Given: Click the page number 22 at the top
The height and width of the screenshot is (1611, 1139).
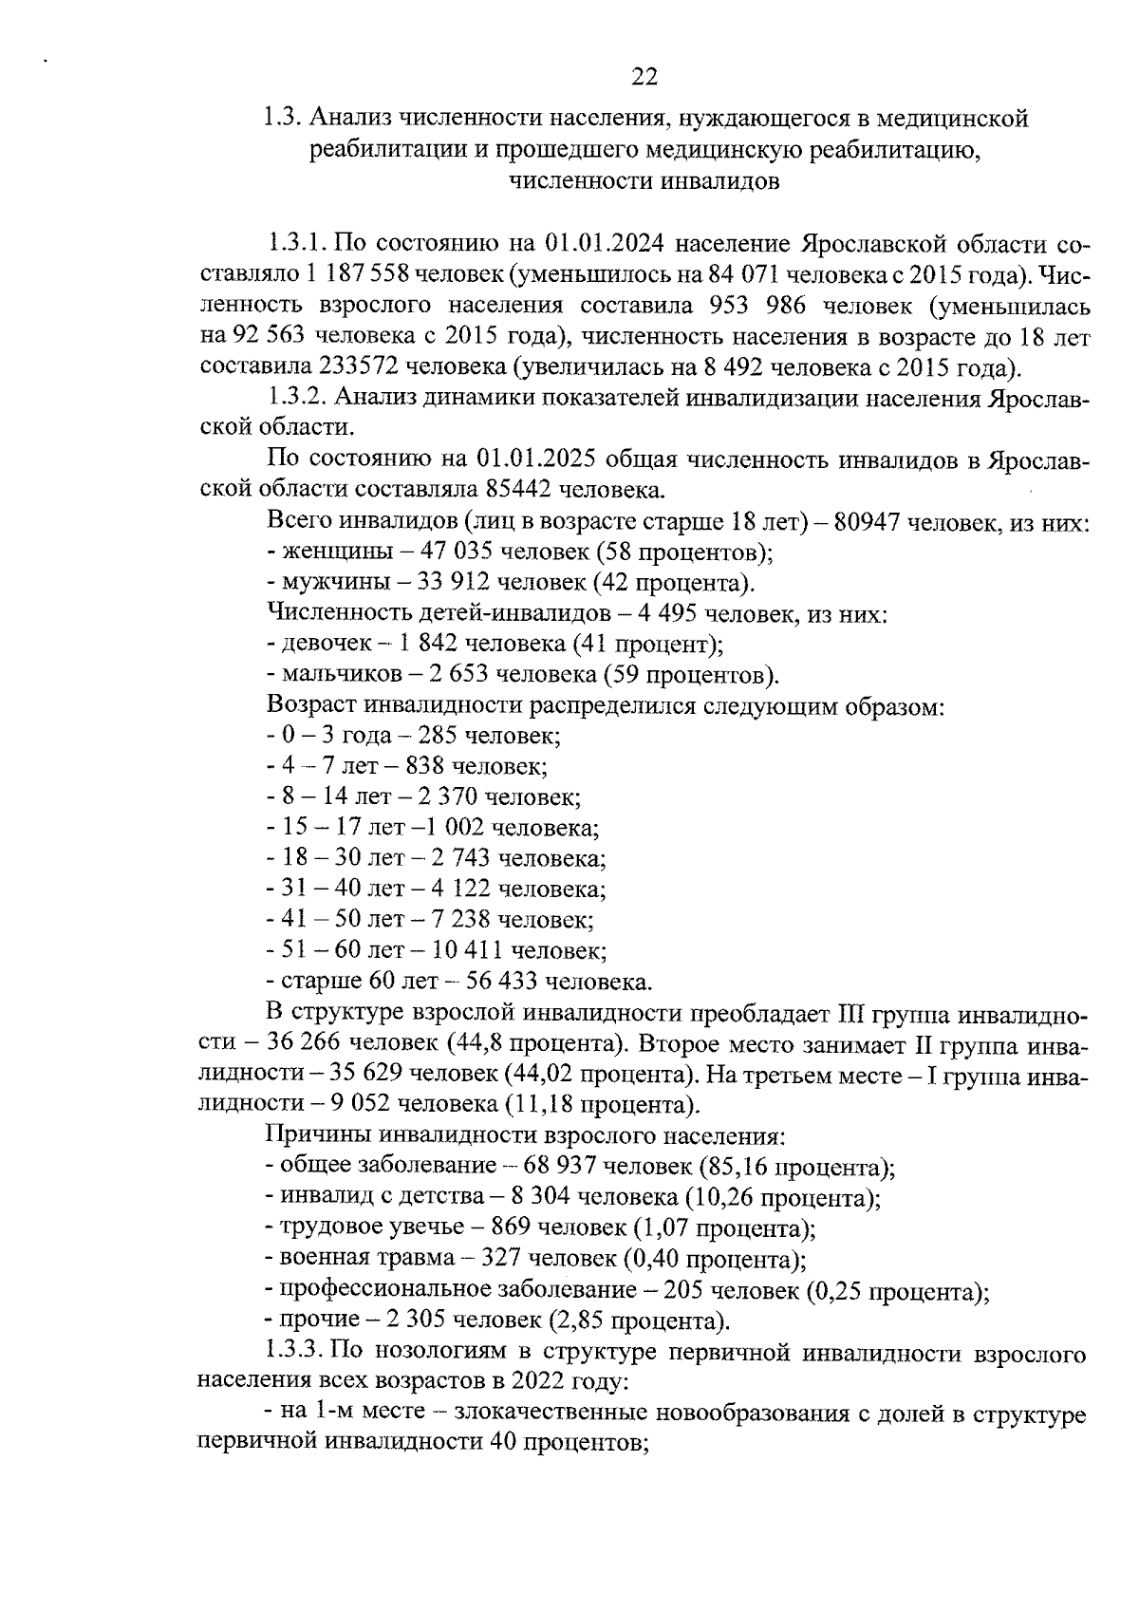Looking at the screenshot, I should tap(644, 77).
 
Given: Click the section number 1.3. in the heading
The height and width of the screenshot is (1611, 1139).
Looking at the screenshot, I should tap(282, 119).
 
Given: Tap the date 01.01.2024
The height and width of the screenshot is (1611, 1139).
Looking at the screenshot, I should tap(594, 242).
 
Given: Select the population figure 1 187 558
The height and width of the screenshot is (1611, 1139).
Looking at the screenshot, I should tap(356, 274).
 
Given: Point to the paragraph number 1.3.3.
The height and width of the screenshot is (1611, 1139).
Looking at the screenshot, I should tap(297, 1351).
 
